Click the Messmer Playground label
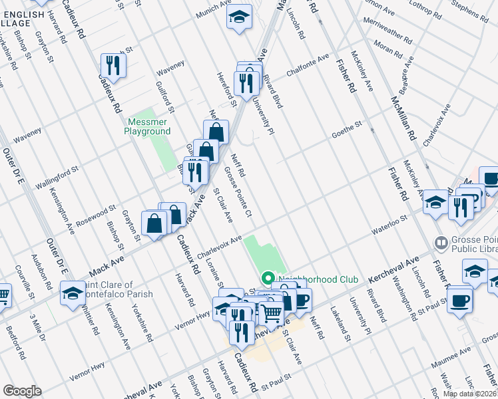click(147, 126)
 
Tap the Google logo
click(22, 391)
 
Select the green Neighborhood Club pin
click(268, 278)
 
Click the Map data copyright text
click(470, 394)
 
